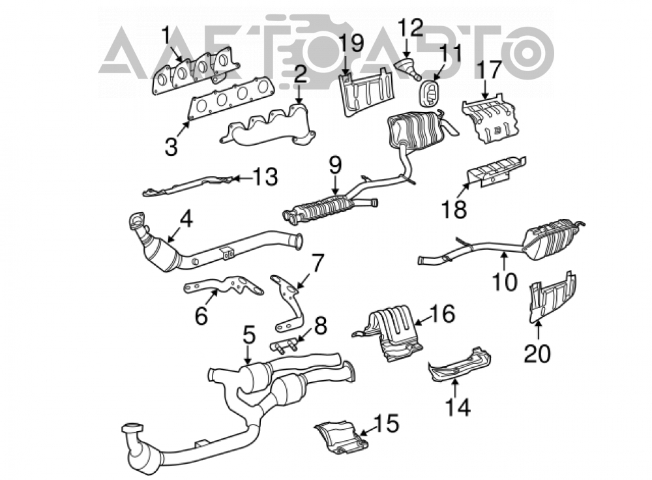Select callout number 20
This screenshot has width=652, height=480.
click(537, 353)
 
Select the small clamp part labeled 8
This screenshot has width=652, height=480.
click(284, 346)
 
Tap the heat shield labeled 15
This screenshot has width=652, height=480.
click(342, 436)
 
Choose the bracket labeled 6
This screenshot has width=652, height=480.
click(224, 286)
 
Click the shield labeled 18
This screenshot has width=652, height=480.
click(496, 172)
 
